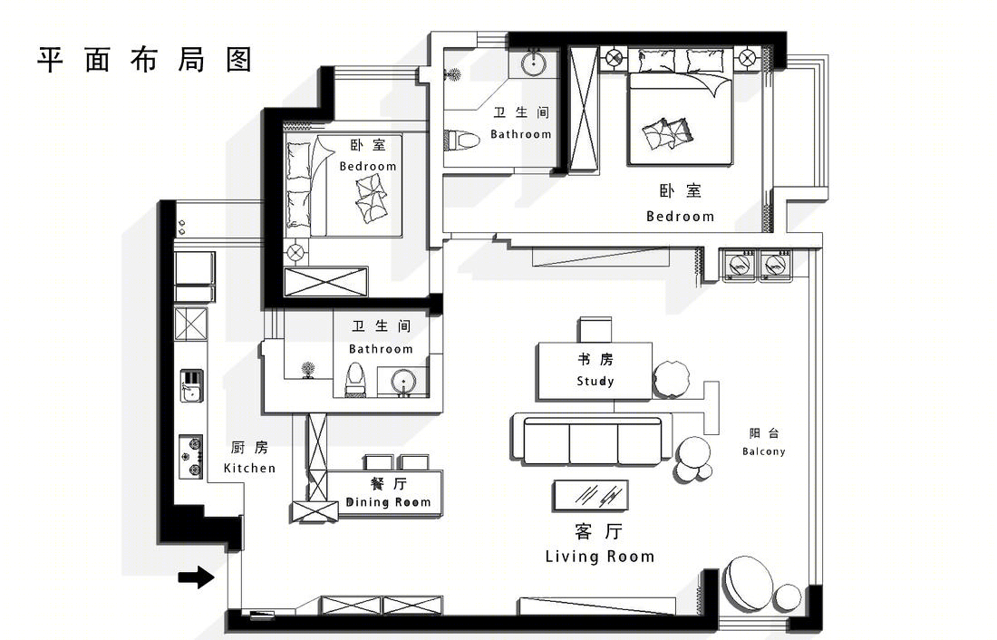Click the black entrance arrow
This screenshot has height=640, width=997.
pos(197,577)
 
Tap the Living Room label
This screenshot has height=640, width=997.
pos(600,557)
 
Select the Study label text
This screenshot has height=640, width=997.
pos(595,381)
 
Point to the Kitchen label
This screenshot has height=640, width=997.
pos(250,469)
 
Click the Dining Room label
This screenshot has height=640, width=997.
pos(388,502)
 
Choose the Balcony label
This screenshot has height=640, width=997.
pos(764,451)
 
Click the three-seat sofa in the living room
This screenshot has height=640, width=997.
pos(591,439)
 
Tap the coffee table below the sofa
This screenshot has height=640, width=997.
pos(591,495)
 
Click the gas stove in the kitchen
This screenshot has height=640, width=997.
pos(190,457)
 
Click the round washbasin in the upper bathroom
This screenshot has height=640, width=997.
pos(534,63)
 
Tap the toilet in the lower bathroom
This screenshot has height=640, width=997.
pos(354,380)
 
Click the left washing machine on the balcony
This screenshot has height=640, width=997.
pos(740,265)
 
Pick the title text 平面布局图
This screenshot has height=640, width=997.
pos(145,60)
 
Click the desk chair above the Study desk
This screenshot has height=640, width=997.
pos(595,330)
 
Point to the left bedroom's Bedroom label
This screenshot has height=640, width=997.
pos(367,167)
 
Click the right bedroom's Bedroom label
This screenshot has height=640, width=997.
pos(681,217)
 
